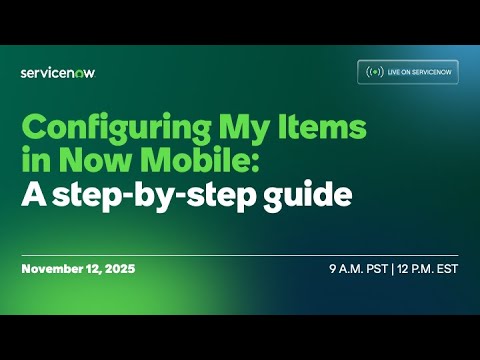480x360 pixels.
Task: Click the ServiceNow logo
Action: click(x=58, y=72)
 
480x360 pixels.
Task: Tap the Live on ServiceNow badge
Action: click(x=408, y=72)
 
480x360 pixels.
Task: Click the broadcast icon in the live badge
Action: click(x=375, y=72)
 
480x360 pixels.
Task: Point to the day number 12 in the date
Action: click(x=93, y=270)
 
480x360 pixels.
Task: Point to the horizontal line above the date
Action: click(x=240, y=255)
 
